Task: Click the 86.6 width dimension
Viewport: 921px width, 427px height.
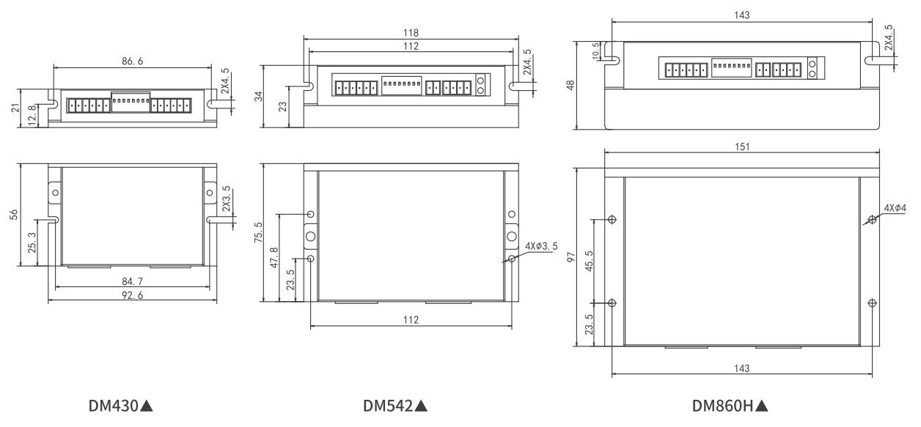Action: click(133, 62)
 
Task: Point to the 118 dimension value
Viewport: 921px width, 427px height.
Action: click(411, 33)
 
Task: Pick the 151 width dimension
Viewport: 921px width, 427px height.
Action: click(742, 146)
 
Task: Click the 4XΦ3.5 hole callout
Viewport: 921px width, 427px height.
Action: click(541, 246)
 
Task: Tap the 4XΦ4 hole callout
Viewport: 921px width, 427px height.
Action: click(895, 208)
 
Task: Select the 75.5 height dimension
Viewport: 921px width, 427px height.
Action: click(258, 232)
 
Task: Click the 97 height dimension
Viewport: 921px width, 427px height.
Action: click(571, 257)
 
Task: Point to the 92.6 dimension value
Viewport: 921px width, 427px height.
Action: click(133, 295)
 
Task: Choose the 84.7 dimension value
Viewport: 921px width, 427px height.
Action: click(133, 281)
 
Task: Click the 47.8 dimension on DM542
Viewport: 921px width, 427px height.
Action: click(274, 258)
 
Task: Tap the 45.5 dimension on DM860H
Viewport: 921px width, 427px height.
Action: click(589, 261)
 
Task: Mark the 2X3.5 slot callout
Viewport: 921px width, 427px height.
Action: click(226, 198)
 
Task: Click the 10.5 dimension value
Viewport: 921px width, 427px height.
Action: click(595, 51)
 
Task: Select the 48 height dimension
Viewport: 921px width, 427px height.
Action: click(570, 85)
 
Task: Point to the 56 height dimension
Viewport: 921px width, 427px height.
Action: click(14, 215)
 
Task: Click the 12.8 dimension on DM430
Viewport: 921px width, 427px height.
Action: click(32, 115)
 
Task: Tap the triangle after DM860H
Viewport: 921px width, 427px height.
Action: click(762, 406)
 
